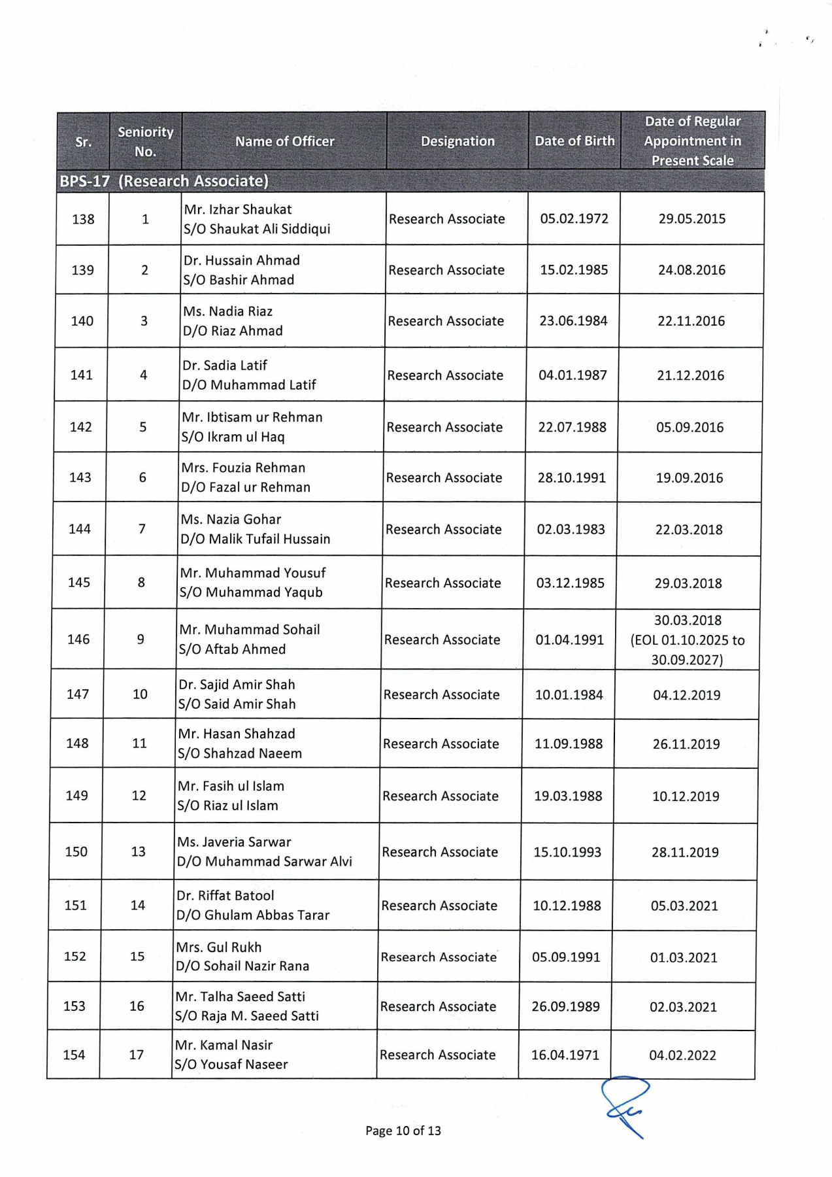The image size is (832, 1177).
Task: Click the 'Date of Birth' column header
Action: click(x=574, y=141)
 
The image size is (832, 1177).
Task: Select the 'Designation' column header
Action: click(x=458, y=141)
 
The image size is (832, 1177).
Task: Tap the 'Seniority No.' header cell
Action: click(x=145, y=141)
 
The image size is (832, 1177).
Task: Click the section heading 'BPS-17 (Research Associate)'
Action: click(x=164, y=181)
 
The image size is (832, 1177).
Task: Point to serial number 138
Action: click(x=83, y=219)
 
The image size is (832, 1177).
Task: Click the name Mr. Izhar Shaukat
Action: click(x=238, y=209)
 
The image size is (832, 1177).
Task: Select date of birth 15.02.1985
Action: click(x=574, y=269)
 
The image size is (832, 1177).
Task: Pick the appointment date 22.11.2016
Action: click(x=691, y=321)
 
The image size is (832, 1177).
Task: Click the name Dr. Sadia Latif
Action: click(x=225, y=365)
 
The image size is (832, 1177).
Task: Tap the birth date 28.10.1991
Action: click(x=572, y=477)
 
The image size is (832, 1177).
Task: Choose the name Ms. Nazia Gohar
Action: click(x=231, y=519)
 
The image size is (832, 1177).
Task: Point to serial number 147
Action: click(x=78, y=694)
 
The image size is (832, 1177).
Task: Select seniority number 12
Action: click(x=139, y=795)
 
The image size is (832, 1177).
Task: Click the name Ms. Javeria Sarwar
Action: click(x=234, y=842)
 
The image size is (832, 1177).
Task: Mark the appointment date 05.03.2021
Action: click(x=684, y=906)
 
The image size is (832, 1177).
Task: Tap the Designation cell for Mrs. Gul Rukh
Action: click(x=439, y=957)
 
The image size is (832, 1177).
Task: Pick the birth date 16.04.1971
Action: click(x=565, y=1055)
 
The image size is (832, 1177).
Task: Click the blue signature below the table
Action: click(x=625, y=1105)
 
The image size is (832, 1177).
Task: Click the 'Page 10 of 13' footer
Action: click(x=403, y=1131)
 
